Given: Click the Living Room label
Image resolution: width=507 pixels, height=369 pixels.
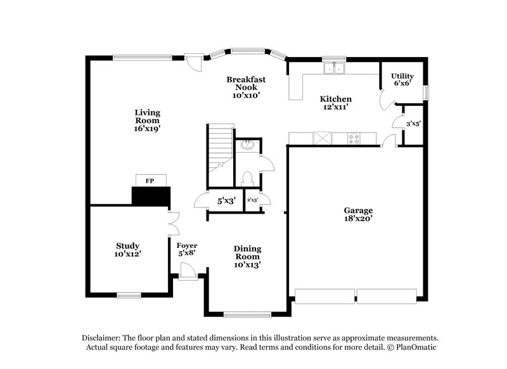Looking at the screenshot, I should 146,120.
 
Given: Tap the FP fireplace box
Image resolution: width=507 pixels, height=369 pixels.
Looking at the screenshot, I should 150,181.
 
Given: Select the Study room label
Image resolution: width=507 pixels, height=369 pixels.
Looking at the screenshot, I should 127,250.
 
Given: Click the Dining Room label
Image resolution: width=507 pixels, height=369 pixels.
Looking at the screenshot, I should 247,257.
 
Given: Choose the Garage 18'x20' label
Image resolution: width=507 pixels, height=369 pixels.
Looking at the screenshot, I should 358,214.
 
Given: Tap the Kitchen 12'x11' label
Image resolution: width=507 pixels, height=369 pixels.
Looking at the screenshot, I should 335,103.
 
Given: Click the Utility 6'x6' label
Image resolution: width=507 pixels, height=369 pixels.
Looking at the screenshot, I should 402,79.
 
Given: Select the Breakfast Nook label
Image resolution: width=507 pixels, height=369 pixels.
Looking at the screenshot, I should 247,87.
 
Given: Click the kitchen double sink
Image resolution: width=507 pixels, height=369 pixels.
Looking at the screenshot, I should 333,68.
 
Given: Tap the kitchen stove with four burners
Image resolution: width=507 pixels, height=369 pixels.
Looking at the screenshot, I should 354,138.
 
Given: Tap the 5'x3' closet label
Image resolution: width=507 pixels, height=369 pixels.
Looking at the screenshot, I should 227,201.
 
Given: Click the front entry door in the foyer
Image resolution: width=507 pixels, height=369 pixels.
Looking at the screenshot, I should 188,272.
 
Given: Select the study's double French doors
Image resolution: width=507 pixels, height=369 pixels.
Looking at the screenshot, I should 172,223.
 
